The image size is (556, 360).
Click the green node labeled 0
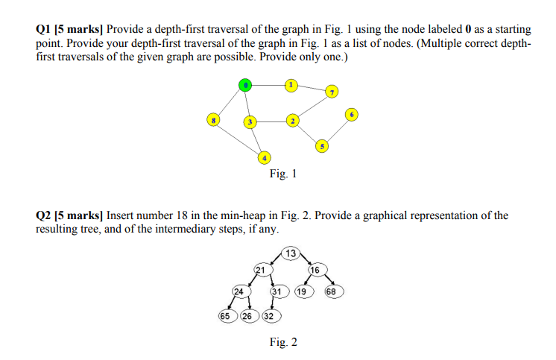point(244,85)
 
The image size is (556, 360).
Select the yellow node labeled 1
point(291,85)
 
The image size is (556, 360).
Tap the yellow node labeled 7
point(332,92)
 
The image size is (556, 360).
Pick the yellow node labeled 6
point(353,114)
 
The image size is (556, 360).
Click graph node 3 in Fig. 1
point(251,121)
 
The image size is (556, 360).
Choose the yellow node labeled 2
point(294,120)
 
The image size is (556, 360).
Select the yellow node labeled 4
point(264,157)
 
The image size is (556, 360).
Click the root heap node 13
point(291,253)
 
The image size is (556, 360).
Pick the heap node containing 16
point(315,269)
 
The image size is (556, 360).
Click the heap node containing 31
point(277,291)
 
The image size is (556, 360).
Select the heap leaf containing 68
point(333,291)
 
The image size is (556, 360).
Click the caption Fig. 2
point(283,342)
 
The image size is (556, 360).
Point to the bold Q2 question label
point(44,215)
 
